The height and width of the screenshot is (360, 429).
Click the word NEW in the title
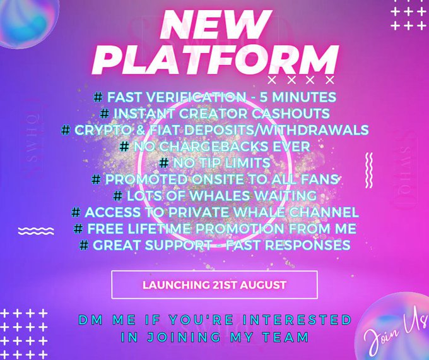(214, 25)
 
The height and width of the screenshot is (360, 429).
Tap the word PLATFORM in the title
(214, 61)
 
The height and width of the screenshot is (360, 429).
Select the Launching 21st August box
(214, 285)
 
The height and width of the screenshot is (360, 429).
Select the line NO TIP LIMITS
(214, 162)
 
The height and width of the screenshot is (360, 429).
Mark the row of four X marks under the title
(301, 81)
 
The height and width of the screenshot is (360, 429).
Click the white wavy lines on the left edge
(35, 231)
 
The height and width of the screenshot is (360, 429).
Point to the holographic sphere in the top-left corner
(19, 22)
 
